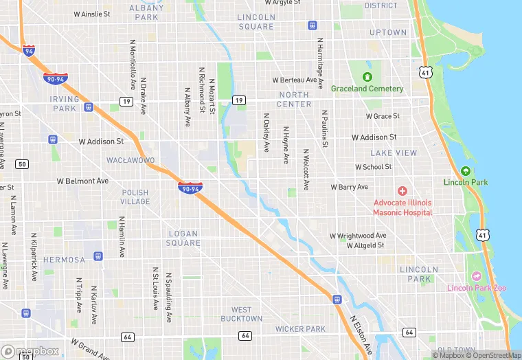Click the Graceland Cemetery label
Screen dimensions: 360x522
367,89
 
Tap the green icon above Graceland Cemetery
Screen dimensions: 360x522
367,76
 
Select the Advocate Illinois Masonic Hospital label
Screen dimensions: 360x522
402,207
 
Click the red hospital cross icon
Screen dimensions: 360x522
402,190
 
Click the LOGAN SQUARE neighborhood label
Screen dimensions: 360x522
184,238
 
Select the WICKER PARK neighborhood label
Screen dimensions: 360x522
300,329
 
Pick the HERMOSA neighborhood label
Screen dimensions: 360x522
64,260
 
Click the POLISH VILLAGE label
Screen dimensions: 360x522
135,197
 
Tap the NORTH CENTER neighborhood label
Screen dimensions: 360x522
294,100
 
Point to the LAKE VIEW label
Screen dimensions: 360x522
393,153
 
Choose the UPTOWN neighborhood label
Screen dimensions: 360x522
388,32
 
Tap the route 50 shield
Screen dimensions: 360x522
23,164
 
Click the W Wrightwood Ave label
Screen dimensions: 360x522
358,236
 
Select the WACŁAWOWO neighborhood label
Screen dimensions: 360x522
130,160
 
